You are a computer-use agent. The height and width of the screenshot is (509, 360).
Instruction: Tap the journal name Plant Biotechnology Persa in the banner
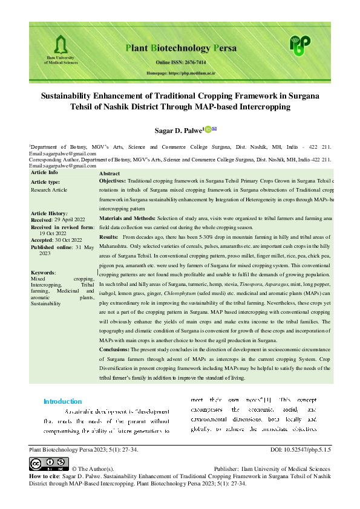(x=180, y=48)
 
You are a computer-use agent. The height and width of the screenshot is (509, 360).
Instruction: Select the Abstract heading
(x=110, y=173)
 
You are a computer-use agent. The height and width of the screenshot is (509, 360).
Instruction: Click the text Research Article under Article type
(x=49, y=190)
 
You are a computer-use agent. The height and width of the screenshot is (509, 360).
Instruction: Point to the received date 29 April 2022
(x=69, y=219)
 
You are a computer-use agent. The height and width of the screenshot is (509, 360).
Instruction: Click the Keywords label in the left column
(x=43, y=273)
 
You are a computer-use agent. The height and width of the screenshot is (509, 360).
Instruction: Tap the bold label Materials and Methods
(x=126, y=217)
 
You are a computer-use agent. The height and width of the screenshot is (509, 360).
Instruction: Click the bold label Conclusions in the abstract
(x=117, y=349)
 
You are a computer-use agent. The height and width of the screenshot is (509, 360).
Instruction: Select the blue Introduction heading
(x=62, y=401)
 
